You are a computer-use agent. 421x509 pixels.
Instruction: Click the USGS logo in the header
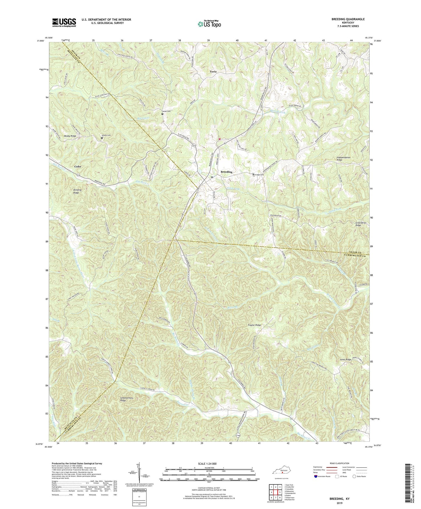(64, 22)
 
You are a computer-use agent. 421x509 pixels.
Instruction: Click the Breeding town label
(226, 172)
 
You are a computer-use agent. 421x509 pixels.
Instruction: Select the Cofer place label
(77, 166)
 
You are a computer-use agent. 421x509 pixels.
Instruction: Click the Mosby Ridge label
(70, 136)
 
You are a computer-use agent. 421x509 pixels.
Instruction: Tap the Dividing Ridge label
(77, 191)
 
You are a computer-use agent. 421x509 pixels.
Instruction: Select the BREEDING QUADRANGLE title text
(348, 19)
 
